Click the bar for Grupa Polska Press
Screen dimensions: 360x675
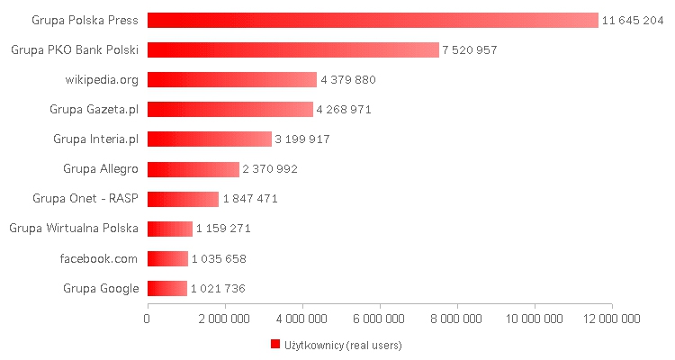tap(373, 20)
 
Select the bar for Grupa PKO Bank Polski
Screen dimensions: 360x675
tap(293, 49)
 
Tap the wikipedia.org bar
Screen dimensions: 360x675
tap(232, 79)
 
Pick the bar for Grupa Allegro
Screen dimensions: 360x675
tap(193, 169)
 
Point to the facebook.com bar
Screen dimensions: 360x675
tap(167, 259)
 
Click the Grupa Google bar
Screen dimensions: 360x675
tap(167, 289)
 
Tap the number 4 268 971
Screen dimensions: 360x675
tap(344, 110)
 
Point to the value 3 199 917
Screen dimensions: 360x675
tap(302, 139)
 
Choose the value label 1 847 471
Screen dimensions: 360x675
tap(249, 199)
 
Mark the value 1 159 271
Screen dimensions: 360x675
tap(223, 229)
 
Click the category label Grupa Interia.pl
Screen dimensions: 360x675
tap(96, 139)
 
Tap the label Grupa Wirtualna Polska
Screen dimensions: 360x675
tap(74, 229)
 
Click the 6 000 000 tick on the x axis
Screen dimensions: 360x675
tap(380, 318)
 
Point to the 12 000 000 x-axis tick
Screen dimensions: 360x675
tap(612, 318)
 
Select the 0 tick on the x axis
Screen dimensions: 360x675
tap(148, 318)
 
